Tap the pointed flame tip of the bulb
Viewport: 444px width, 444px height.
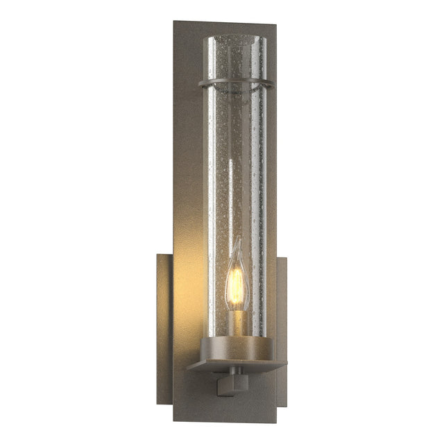click(238, 241)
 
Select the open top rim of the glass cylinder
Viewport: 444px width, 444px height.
click(236, 38)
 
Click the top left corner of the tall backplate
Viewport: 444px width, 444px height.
click(175, 22)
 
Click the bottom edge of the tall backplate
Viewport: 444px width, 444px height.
click(225, 420)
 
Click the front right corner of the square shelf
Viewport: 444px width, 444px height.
click(286, 363)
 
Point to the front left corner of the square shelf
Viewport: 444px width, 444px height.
click(189, 368)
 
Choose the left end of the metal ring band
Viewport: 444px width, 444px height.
click(200, 85)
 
